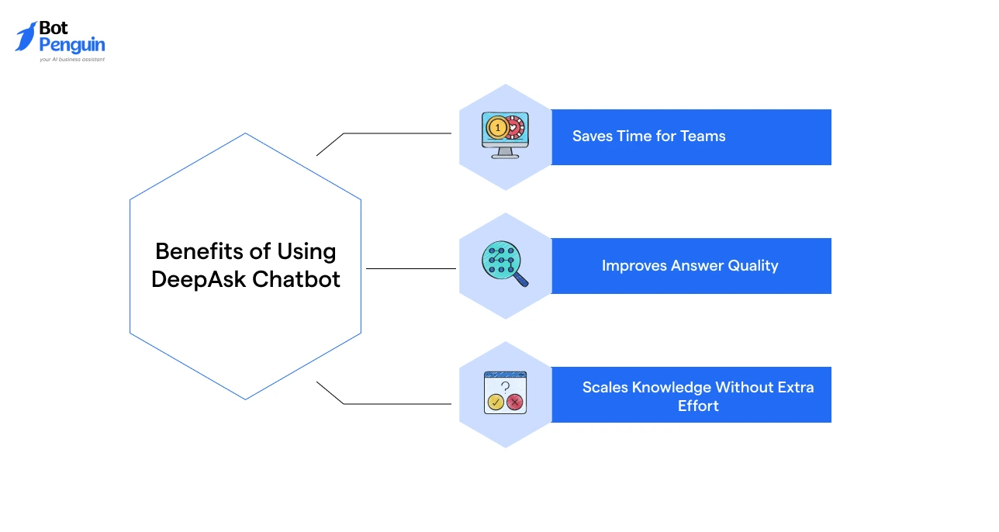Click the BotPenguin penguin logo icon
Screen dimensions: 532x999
tap(26, 36)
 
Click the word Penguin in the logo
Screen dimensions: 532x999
tap(72, 45)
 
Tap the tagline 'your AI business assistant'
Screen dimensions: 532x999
tap(72, 59)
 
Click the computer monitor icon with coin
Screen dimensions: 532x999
tap(505, 136)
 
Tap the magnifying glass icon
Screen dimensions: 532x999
tap(504, 264)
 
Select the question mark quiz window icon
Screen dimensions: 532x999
tap(505, 392)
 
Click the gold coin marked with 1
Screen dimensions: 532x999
tap(496, 126)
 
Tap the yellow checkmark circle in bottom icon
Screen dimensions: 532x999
tap(495, 402)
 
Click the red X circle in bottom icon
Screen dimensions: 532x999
tap(515, 402)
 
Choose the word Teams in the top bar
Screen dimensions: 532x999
tap(703, 136)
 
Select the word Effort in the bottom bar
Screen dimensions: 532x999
tap(698, 406)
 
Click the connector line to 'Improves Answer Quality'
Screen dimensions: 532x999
tap(410, 268)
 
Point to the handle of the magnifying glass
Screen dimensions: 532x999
tap(520, 280)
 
